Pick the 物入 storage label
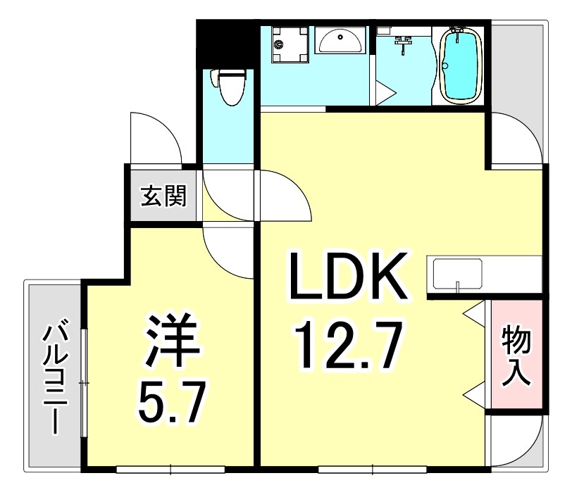(x=516, y=356)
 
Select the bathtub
(x=461, y=65)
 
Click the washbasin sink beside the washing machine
(x=340, y=41)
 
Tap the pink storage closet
(x=516, y=355)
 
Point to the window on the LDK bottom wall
(x=373, y=468)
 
